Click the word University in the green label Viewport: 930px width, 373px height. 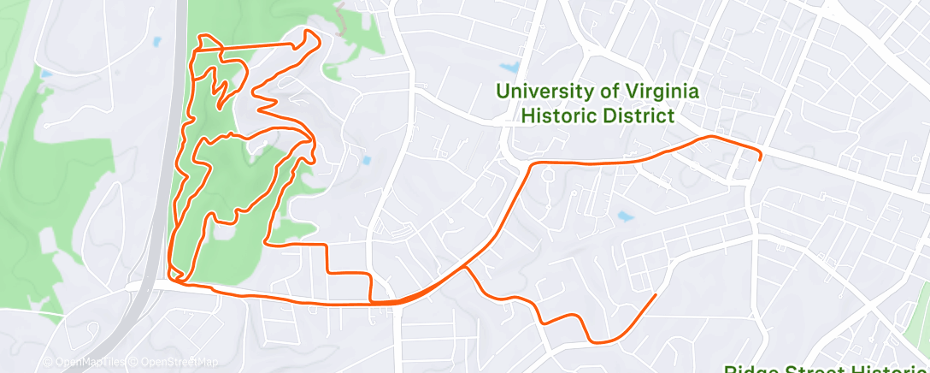[x=544, y=91]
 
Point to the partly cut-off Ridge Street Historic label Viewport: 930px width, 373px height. [x=826, y=369]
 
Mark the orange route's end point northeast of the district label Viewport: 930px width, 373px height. [x=760, y=158]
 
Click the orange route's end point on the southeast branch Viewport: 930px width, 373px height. [x=655, y=295]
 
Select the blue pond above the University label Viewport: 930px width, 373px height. [x=511, y=67]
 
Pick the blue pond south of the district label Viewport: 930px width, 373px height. [x=626, y=217]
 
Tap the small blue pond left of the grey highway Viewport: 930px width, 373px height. [x=156, y=41]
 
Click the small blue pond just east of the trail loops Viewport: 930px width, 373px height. [x=366, y=160]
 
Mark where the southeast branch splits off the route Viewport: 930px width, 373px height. [x=464, y=268]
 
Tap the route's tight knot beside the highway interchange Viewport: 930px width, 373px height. [x=177, y=275]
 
